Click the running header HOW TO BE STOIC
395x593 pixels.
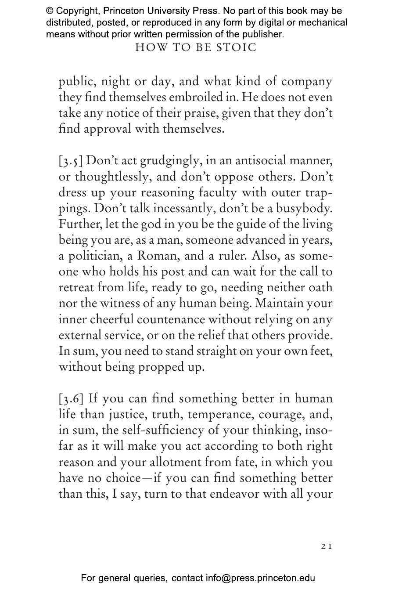[x=196, y=47]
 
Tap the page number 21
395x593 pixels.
[x=326, y=546]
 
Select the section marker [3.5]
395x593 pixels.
[x=71, y=161]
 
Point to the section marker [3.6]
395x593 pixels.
[x=72, y=399]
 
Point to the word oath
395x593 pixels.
[x=321, y=287]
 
